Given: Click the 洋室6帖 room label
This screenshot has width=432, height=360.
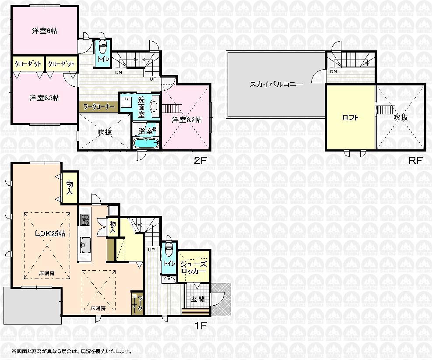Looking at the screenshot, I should (x=45, y=31).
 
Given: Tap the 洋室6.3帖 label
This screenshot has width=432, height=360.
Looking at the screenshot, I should (x=45, y=98).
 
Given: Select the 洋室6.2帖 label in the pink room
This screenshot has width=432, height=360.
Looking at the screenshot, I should (x=186, y=120).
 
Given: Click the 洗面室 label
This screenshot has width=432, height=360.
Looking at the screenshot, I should (x=141, y=106).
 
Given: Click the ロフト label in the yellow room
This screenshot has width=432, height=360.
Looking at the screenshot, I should (x=350, y=117).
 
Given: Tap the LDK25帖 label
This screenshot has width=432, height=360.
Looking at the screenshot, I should (x=50, y=234).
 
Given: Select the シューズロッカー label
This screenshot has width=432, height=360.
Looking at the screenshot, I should (x=193, y=267).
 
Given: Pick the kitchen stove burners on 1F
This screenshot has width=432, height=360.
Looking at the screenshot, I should (x=85, y=219).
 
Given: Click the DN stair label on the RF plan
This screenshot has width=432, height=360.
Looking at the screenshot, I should (x=334, y=72).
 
